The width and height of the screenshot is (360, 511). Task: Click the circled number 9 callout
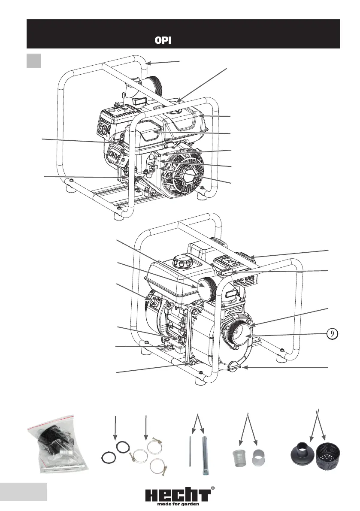click(332, 334)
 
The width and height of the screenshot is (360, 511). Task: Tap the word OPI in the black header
click(163, 40)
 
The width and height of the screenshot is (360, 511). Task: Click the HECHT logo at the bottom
click(178, 496)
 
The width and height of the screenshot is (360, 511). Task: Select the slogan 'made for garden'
click(178, 504)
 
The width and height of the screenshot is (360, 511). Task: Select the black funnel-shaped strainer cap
click(303, 452)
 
